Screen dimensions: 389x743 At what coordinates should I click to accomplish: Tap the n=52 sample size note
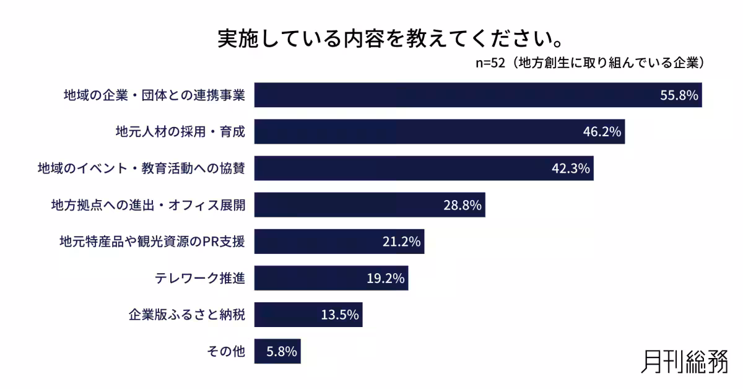point(591,63)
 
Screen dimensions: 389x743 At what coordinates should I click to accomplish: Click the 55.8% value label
point(679,95)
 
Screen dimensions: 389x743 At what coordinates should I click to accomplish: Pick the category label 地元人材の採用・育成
point(180,132)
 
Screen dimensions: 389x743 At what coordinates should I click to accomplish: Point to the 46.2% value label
point(602,132)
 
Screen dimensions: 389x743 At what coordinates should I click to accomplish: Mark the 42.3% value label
point(571,168)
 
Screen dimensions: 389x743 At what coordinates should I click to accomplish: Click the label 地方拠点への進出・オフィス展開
point(148,205)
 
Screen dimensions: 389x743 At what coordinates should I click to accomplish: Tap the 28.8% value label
point(463,205)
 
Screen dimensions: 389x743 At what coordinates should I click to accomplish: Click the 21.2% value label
point(402,242)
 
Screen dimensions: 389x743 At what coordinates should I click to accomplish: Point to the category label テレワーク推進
point(200,278)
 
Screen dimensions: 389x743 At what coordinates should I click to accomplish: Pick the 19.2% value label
point(386,278)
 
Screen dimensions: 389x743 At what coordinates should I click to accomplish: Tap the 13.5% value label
point(340,315)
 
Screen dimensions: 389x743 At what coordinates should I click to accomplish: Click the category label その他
point(226,351)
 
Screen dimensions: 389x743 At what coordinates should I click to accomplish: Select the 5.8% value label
point(282,351)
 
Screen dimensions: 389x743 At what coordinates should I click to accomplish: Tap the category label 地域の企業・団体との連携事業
point(155,95)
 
